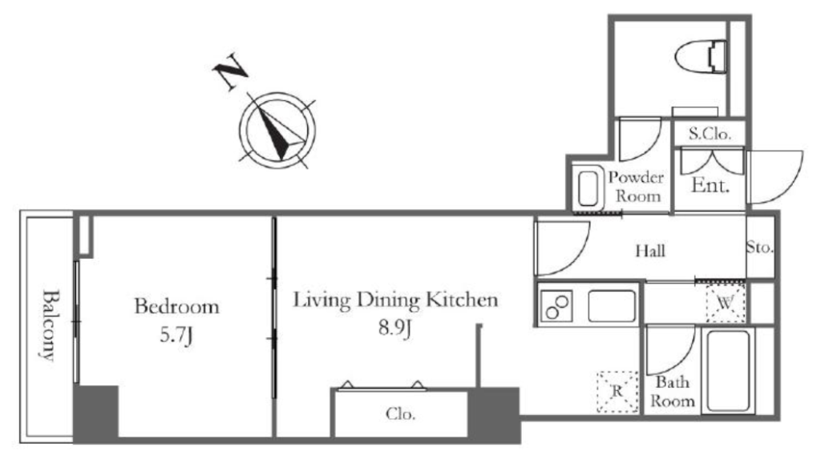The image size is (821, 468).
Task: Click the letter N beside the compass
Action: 230,71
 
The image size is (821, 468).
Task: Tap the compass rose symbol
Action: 277,131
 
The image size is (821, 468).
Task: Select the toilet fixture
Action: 701,57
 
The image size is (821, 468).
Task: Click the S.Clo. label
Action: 710,134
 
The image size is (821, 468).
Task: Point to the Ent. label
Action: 710,185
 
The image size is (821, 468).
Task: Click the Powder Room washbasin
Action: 587,188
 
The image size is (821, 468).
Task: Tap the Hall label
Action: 650,251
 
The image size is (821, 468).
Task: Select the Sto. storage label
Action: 760,247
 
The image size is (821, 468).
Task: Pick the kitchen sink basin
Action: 612,306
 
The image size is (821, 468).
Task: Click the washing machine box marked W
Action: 725,304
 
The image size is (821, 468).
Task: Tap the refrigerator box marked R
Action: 618,392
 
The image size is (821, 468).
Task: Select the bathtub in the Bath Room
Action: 728,370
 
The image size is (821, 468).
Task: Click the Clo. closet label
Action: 401,414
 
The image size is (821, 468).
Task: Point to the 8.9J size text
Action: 394,329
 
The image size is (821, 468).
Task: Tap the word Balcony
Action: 49,325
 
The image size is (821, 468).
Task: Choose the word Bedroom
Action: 177,307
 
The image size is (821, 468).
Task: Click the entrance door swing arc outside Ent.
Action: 775,177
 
